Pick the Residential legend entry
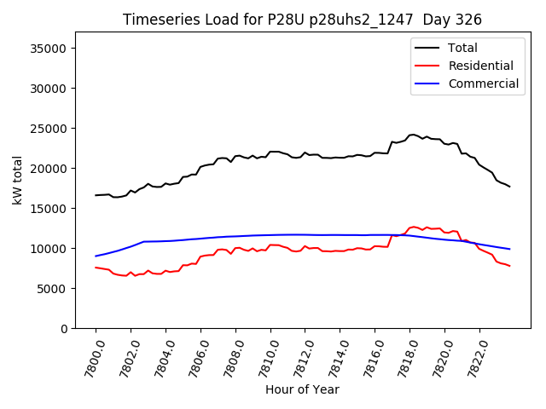480,66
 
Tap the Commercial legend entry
483,84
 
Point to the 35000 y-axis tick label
49,49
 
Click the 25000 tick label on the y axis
49,129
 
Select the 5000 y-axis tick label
53,289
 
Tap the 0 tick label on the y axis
64,329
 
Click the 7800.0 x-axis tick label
90,355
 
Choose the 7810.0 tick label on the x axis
264,355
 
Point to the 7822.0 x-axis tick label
473,355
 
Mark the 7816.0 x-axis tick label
369,355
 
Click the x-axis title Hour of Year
302,389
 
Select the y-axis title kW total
17,180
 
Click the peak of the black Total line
413,135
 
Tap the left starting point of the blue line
96,256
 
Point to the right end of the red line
509,266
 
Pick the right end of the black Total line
509,187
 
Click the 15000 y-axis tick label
49,209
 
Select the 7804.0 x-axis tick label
160,355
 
